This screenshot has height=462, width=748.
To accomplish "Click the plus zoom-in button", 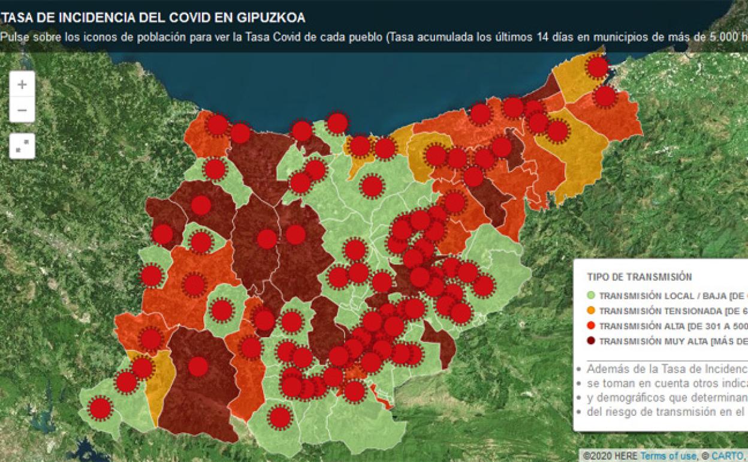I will click(22, 85).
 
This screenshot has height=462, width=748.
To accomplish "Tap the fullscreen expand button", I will click(22, 146).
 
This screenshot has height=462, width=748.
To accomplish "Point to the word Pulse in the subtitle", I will click(14, 37).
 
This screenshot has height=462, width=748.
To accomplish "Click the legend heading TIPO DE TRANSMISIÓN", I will click(639, 277).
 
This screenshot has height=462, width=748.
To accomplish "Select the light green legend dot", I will click(591, 296).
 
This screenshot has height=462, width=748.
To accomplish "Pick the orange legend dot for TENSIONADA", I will click(591, 311).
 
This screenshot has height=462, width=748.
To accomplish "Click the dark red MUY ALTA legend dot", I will click(591, 341).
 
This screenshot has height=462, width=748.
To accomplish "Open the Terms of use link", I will click(668, 457).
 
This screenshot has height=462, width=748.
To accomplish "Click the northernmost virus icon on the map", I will click(598, 67).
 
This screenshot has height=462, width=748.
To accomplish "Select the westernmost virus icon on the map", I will click(100, 408).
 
